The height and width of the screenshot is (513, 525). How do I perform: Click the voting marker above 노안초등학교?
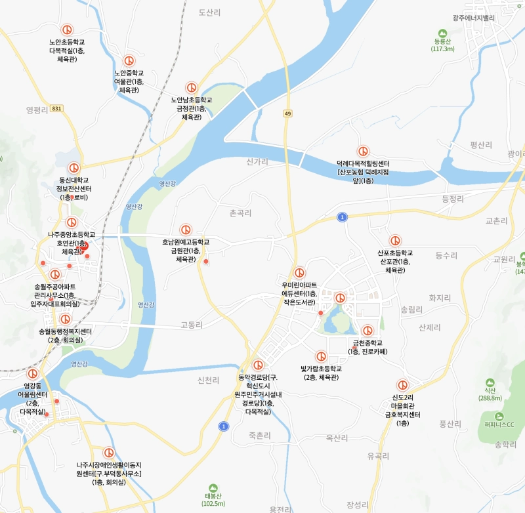coord(66,30)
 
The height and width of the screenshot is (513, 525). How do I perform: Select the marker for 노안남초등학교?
coord(191,87)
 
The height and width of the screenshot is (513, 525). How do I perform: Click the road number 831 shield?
coord(56,108)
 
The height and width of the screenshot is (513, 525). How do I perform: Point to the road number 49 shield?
coord(287,113)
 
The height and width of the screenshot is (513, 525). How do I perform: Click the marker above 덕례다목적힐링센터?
coord(363,152)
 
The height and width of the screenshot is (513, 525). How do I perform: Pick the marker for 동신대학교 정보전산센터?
coord(74,168)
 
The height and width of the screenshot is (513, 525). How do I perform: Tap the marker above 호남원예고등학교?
coord(186,230)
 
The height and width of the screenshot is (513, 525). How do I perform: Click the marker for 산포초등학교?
coord(395,241)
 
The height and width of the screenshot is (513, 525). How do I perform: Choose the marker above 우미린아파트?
coord(300,272)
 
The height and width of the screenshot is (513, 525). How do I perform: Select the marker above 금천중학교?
coord(367,331)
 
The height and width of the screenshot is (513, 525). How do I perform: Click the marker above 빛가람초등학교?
coord(321,356)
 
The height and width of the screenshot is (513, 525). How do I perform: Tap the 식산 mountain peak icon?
coord(490,382)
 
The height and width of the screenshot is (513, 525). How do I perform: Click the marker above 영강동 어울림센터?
coord(32,373)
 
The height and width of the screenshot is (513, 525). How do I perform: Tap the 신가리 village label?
coord(258,161)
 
